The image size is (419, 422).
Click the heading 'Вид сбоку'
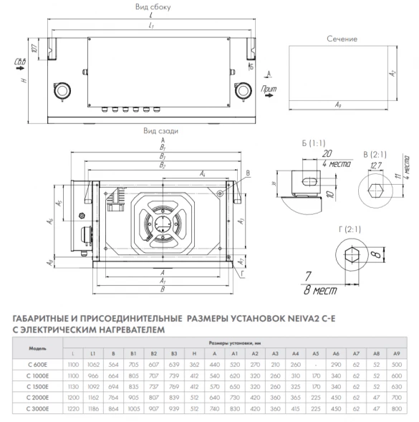(x=153, y=6)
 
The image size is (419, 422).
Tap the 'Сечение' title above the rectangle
(x=342, y=38)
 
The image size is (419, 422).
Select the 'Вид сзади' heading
(x=156, y=131)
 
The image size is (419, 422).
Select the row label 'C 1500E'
(x=37, y=384)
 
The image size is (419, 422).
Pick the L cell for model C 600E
(x=73, y=363)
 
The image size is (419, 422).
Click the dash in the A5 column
(x=316, y=363)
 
